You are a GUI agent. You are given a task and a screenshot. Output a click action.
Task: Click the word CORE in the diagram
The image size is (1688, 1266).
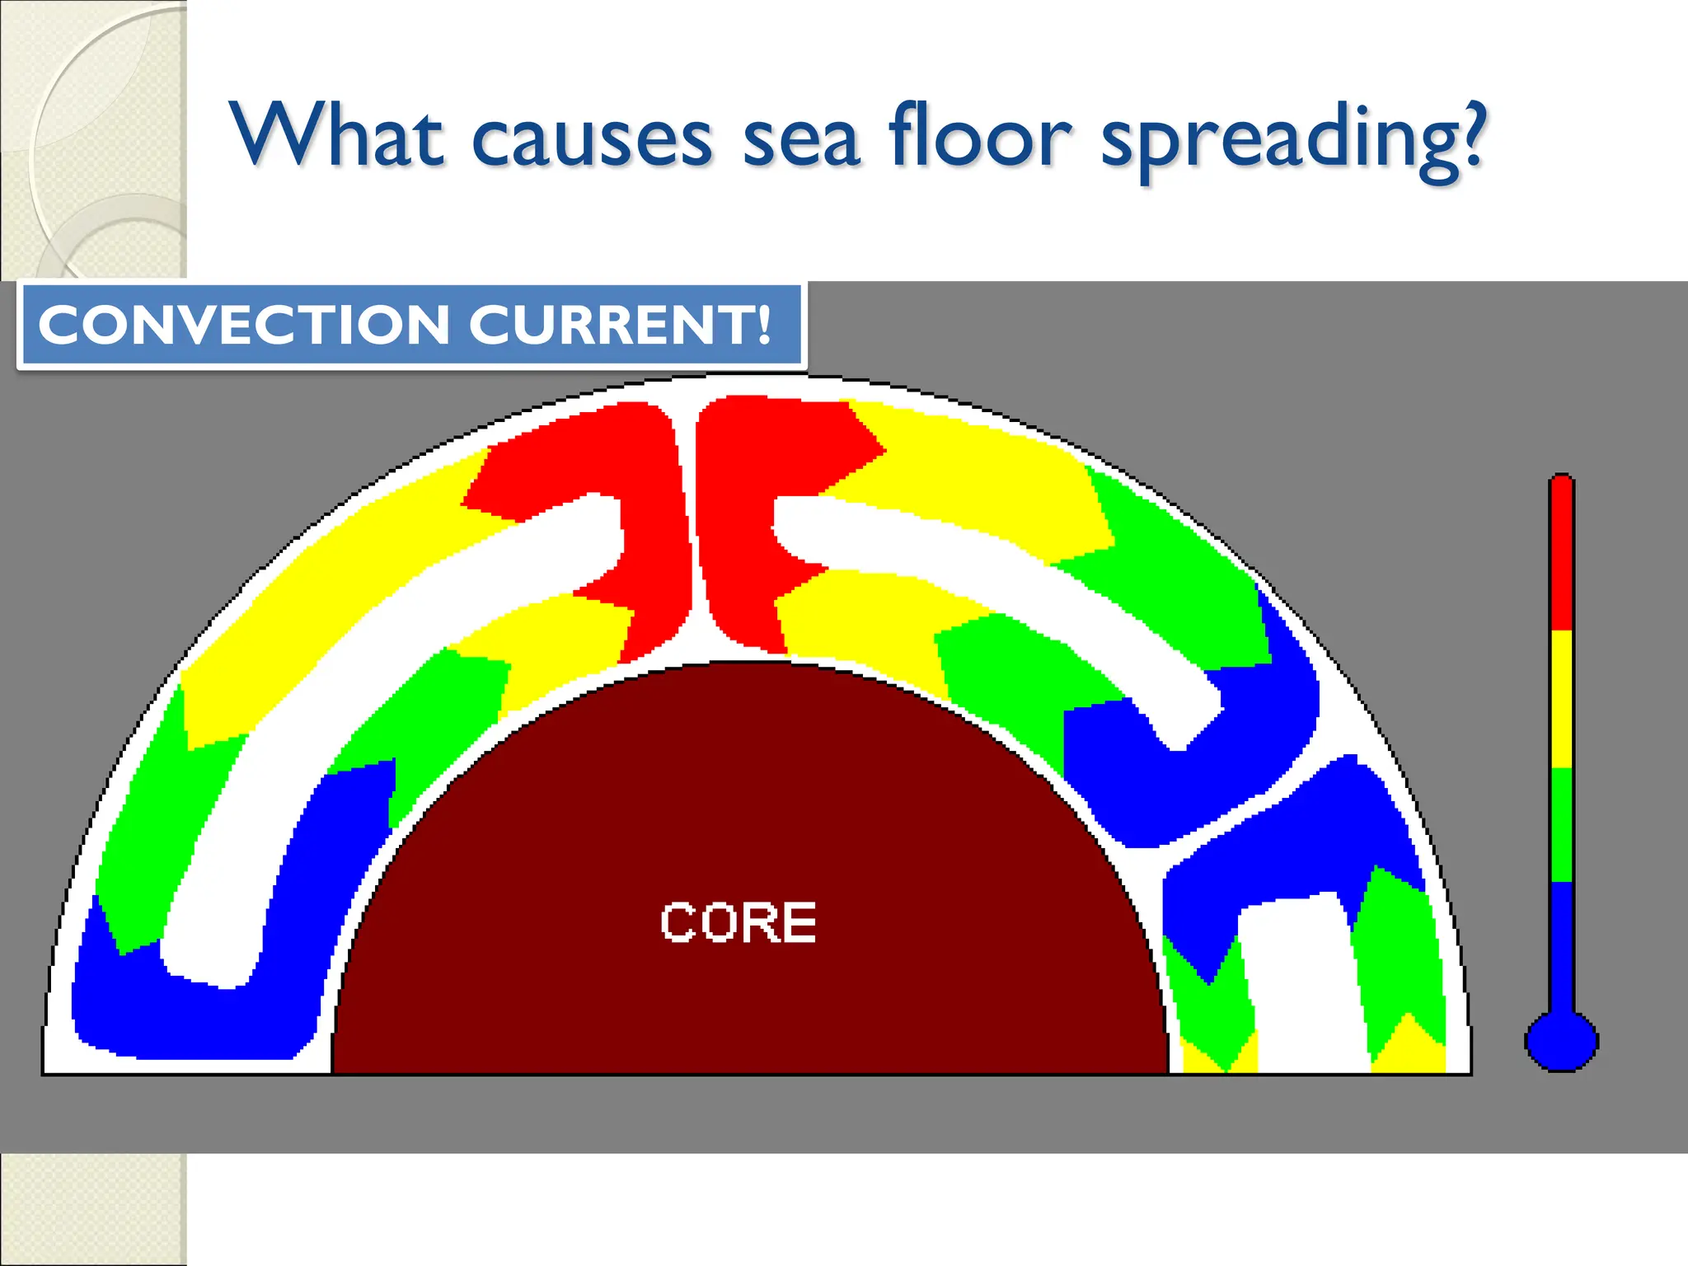pos(738,922)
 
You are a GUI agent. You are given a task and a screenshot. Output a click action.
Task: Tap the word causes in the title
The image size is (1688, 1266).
pos(591,140)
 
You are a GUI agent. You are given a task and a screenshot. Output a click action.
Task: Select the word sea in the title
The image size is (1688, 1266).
pos(801,140)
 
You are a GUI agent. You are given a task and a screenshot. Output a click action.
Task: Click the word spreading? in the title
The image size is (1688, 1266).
pos(1294,140)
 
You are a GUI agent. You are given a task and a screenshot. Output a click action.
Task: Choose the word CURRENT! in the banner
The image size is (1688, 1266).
pos(620,325)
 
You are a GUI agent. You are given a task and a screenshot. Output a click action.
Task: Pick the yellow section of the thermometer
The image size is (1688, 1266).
pos(1561,699)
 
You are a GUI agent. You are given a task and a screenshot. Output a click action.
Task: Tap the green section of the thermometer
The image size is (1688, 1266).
pos(1561,824)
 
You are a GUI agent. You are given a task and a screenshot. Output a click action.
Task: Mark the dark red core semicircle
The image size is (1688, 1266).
pos(742,824)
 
